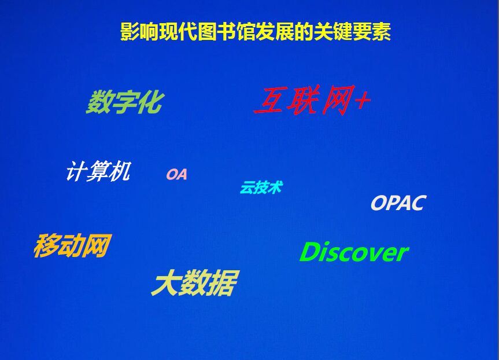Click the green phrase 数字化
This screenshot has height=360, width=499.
point(124,102)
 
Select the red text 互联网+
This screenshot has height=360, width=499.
point(312,100)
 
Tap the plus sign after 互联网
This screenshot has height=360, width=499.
point(363,100)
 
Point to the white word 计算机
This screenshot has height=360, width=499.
point(98,171)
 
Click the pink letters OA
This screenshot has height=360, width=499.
point(176,174)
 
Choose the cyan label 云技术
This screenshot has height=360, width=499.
point(261,187)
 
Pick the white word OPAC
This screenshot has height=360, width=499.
point(398,203)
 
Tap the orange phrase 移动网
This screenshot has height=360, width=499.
point(72,245)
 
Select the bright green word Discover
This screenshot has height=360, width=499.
point(354,252)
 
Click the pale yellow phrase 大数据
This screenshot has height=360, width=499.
point(195,282)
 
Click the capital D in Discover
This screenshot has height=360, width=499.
point(310,252)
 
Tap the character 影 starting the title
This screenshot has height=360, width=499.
point(130,31)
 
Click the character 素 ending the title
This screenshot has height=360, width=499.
point(381,31)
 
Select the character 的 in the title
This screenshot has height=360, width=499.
point(304,31)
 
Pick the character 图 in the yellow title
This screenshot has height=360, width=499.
point(207,31)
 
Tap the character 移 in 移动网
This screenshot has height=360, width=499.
point(47,245)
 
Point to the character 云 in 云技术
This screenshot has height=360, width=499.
point(247,188)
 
